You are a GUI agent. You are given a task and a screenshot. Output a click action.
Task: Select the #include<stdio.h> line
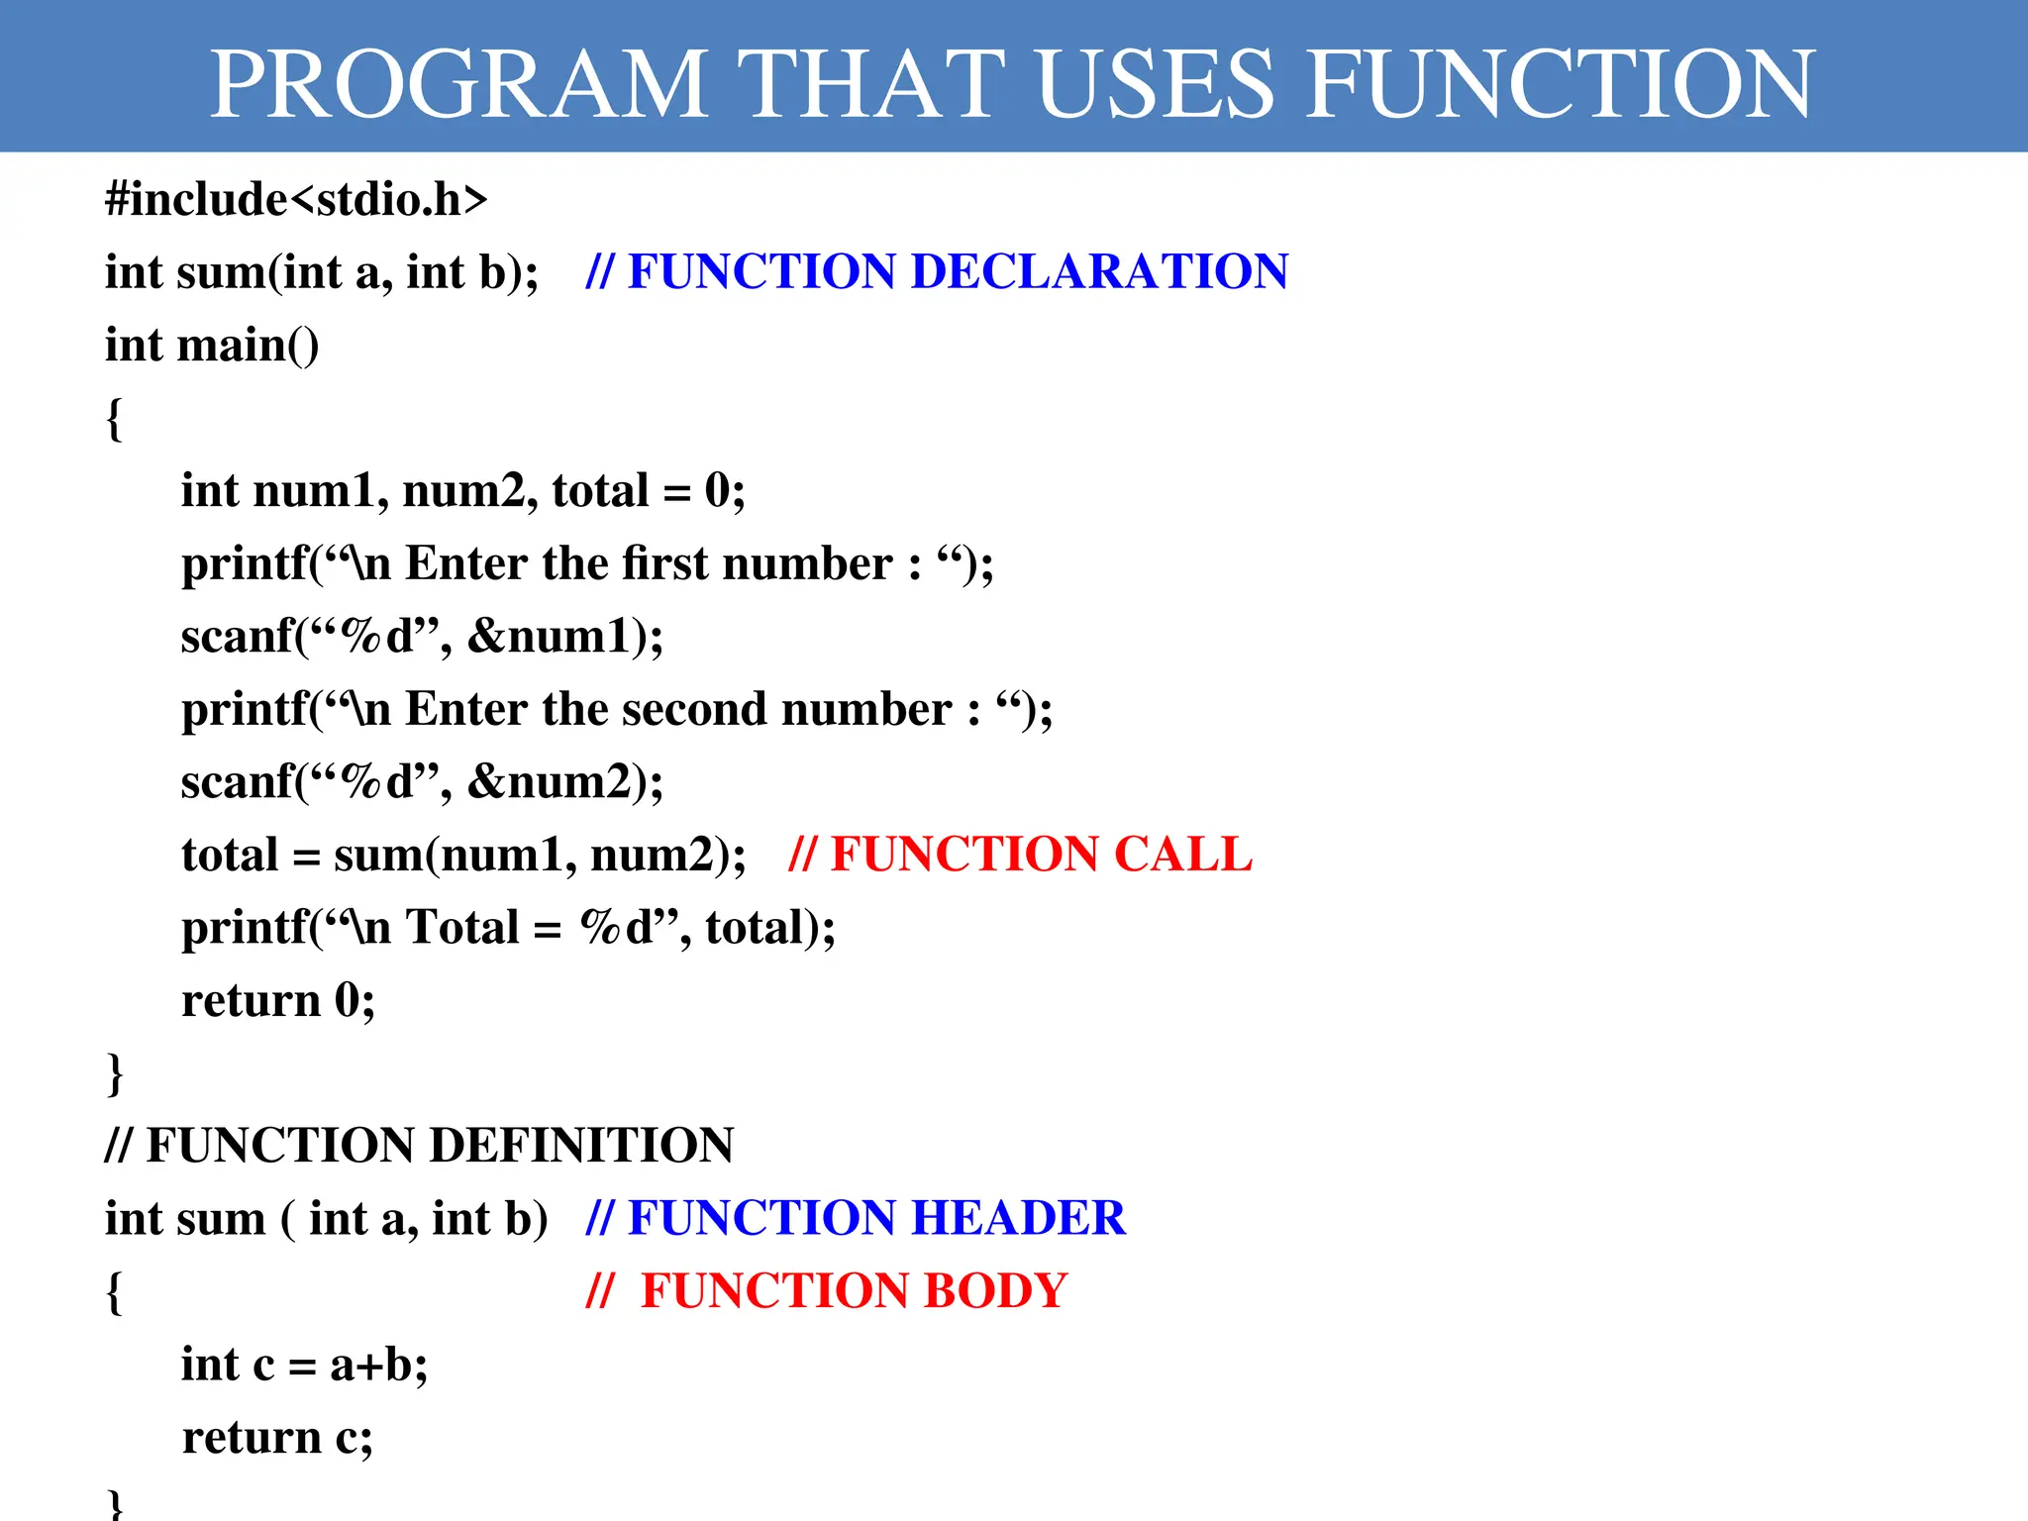[296, 199]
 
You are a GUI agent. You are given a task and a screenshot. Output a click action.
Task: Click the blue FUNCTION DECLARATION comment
[937, 271]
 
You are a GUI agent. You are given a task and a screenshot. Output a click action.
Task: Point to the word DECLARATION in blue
[1099, 271]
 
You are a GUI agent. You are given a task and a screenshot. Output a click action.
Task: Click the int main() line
[212, 346]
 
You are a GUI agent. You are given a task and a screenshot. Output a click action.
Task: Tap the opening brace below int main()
[114, 419]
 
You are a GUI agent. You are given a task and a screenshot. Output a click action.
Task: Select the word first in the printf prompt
[664, 563]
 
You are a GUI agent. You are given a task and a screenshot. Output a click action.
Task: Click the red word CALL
[1182, 855]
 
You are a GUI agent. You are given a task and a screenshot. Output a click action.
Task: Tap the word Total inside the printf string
[462, 928]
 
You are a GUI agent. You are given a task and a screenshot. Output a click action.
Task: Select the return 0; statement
[278, 1000]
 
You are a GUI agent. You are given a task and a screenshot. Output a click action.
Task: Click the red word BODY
[995, 1291]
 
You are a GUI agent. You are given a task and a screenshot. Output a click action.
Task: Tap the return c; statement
[277, 1437]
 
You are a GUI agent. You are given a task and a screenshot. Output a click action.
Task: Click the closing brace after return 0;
[114, 1073]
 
